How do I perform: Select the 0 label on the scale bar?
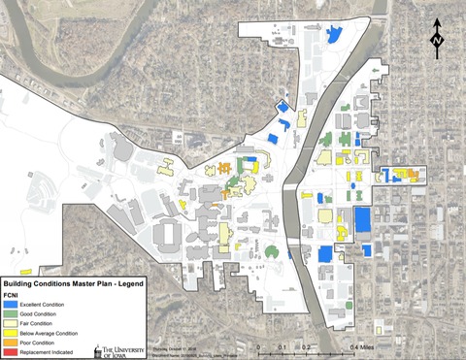258,347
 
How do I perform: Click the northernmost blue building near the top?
334,35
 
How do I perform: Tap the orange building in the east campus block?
414,176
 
